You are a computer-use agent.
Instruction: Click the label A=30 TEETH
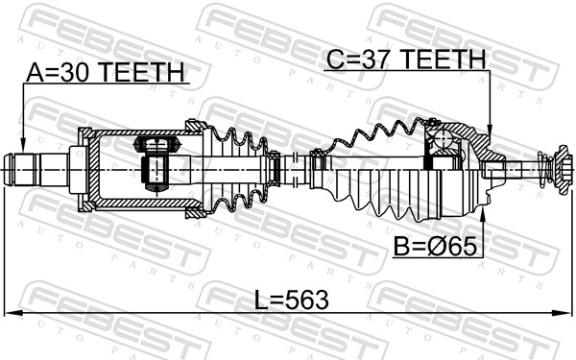pyautogui.click(x=104, y=73)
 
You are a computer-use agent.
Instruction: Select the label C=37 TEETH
pyautogui.click(x=405, y=60)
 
